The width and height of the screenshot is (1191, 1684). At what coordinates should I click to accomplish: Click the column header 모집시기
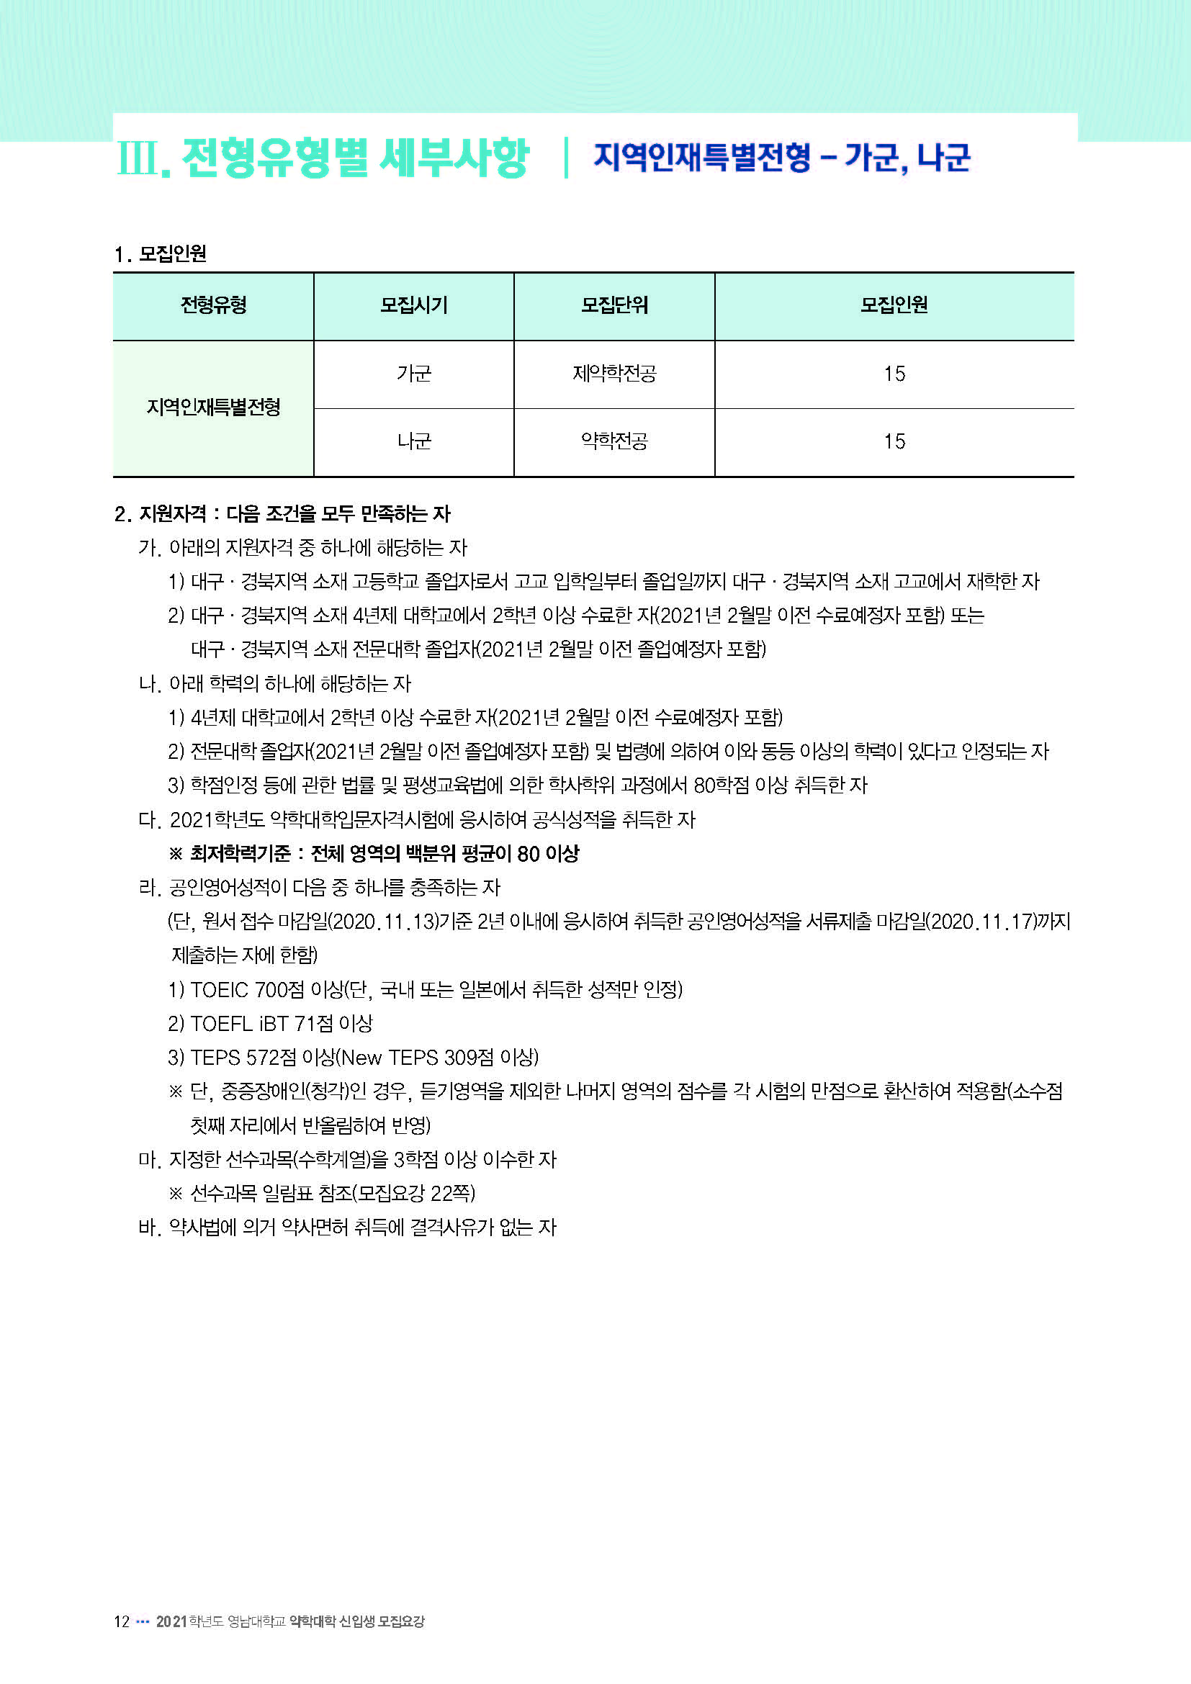[413, 305]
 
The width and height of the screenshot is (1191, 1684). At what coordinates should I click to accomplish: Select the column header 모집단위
[614, 305]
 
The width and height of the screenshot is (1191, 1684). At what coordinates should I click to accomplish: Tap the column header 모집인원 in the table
[894, 305]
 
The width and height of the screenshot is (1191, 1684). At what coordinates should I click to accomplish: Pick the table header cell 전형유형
[213, 305]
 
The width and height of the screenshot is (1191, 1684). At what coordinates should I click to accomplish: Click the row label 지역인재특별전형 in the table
[213, 408]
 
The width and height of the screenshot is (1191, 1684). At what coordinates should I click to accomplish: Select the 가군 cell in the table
[413, 374]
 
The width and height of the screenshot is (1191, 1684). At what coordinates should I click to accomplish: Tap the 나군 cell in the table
[413, 441]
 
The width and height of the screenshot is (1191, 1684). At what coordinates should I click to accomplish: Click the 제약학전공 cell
[614, 374]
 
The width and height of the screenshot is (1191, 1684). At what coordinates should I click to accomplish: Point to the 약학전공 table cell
[614, 441]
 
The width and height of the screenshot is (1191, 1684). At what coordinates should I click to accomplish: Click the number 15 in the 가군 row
[894, 374]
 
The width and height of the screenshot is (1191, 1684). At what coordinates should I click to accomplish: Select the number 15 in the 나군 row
[894, 441]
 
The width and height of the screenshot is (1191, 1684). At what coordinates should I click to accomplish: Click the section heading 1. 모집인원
[161, 254]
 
